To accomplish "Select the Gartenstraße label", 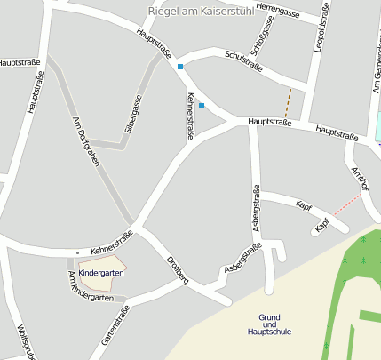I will pyautogui.click(x=115, y=325).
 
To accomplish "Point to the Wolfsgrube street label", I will pyautogui.click(x=23, y=342).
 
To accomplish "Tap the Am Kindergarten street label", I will pyautogui.click(x=91, y=289).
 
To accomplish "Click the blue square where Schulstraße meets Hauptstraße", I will pyautogui.click(x=180, y=67).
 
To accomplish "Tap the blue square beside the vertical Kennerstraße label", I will pyautogui.click(x=202, y=107).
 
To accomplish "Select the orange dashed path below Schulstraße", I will pyautogui.click(x=287, y=102).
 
